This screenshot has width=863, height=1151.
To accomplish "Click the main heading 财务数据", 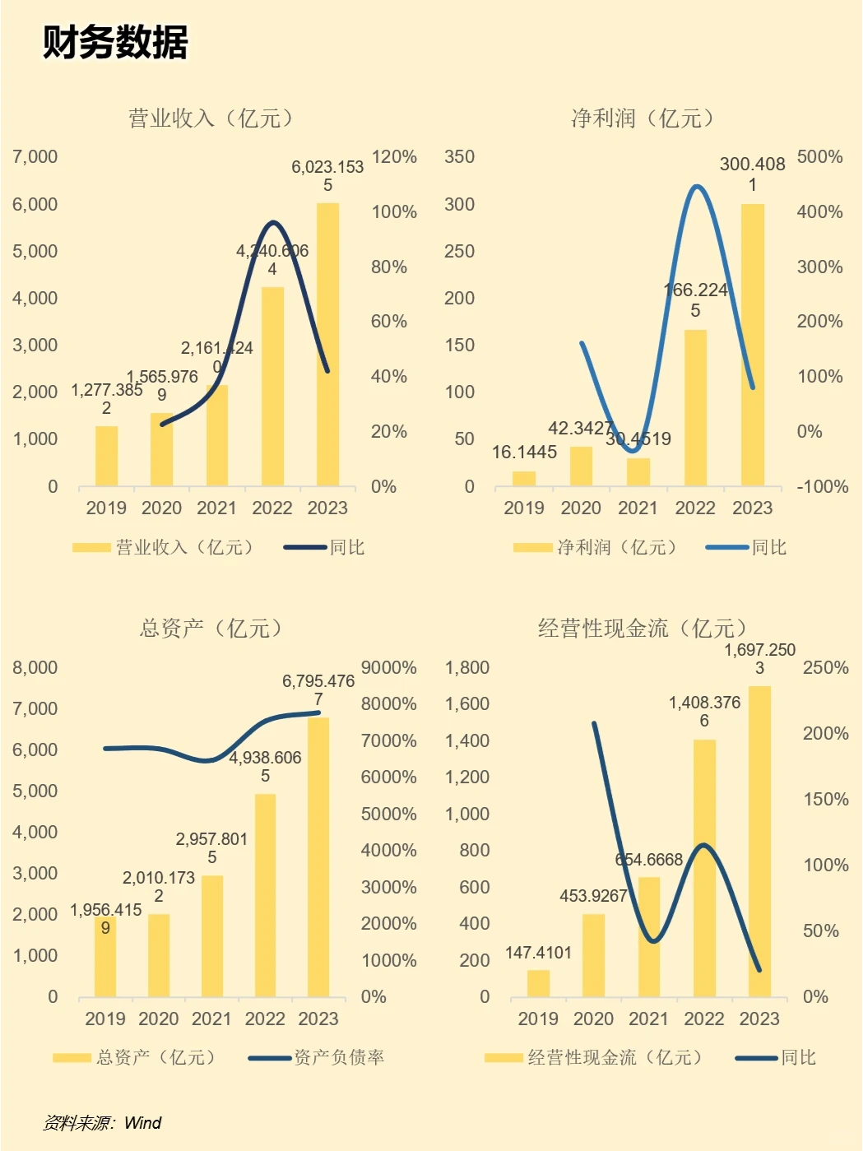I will [x=115, y=43].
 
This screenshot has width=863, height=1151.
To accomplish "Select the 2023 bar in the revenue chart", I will [x=327, y=346].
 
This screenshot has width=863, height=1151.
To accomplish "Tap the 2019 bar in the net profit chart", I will [x=524, y=478].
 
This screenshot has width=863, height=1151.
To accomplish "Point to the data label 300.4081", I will [x=752, y=174].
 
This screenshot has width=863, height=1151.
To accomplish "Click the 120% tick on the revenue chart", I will [x=394, y=157].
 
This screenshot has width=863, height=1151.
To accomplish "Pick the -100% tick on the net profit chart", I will [x=822, y=486].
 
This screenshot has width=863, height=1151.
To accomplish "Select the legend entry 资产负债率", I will [x=339, y=1057].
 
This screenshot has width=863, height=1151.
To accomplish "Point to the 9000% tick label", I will [x=388, y=667].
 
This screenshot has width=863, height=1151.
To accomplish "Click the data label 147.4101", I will [x=538, y=953].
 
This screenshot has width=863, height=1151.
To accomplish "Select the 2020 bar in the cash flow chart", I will [x=593, y=955].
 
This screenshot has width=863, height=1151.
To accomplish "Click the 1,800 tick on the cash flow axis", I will [x=466, y=667].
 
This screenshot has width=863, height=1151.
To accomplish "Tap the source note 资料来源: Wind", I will [x=103, y=1123].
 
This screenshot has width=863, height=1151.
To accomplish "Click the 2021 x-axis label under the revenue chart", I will [x=216, y=508].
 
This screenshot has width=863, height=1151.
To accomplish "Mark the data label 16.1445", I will [x=524, y=452].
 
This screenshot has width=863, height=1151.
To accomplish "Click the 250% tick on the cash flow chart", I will [x=825, y=667].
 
